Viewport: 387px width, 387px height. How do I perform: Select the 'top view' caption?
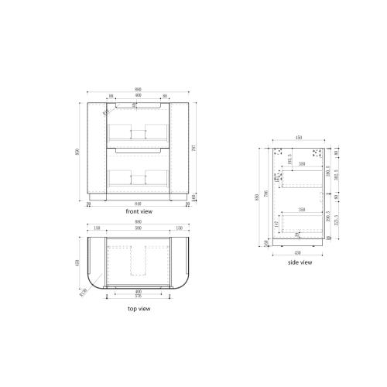point(138,308)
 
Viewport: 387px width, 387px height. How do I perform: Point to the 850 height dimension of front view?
point(77,152)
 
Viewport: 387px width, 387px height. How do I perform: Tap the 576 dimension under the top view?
point(138,296)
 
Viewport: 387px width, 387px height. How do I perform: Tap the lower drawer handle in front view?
point(138,149)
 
